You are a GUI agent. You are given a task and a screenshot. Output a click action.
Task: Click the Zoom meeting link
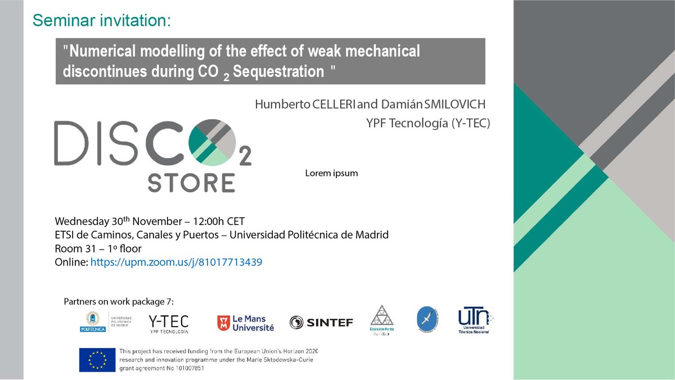point(177,262)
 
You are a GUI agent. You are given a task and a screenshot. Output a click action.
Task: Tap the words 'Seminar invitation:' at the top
point(101,21)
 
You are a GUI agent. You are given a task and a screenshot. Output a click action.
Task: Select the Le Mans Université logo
point(245,322)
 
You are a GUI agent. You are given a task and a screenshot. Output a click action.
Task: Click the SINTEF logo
point(321,322)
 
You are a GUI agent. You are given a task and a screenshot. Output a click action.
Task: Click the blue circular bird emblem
point(425,320)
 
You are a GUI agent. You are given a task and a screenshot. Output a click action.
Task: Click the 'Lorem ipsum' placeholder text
point(331,173)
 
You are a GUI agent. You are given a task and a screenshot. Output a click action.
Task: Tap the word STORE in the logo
point(191,183)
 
